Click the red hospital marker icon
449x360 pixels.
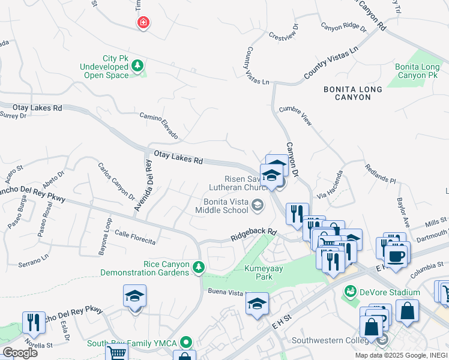[x=143, y=23]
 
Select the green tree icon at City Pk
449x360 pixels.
[x=138, y=65]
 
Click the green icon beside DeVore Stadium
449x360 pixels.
[x=351, y=292]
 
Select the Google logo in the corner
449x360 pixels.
[x=20, y=352]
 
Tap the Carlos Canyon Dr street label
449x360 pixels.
[x=116, y=180]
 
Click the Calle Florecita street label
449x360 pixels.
[x=135, y=238]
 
